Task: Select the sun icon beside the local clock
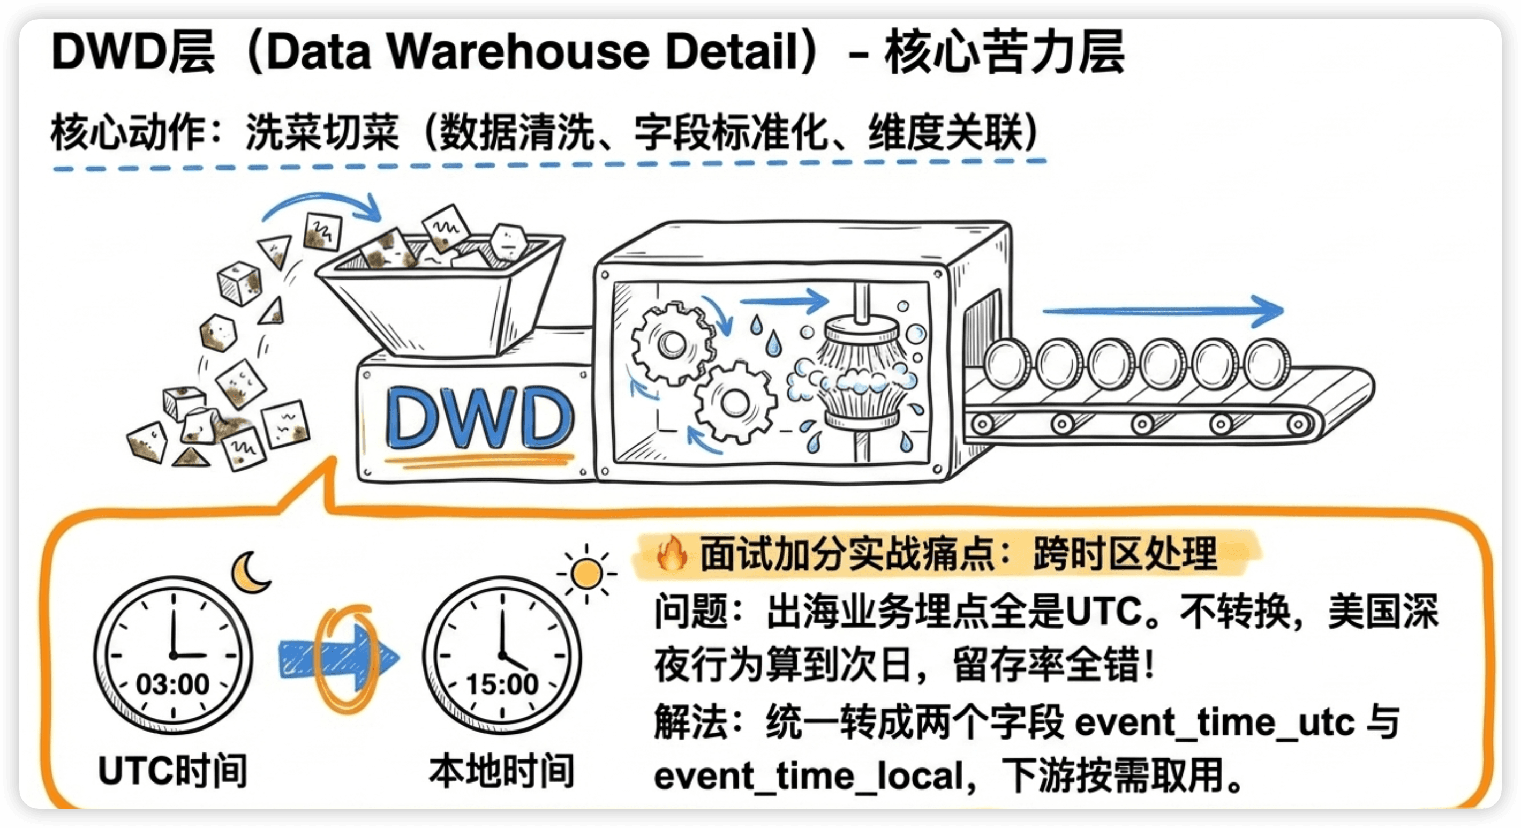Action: point(586,574)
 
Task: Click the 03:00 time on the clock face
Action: point(172,684)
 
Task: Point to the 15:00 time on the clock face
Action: point(502,684)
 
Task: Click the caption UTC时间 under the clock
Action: point(172,771)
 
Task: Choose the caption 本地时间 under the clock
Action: point(502,771)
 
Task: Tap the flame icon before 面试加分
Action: point(672,553)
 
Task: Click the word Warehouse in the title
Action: point(519,52)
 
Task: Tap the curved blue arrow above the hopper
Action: point(322,207)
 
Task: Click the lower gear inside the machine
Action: point(735,403)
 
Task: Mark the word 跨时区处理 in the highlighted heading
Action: point(1125,554)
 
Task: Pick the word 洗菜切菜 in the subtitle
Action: point(322,132)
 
